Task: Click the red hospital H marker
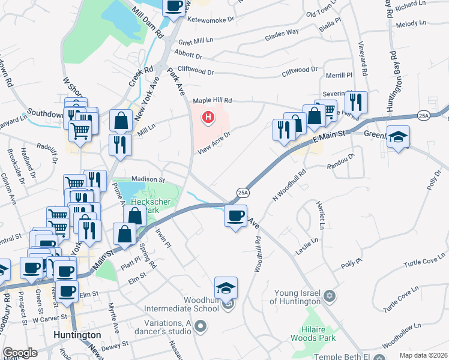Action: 208,116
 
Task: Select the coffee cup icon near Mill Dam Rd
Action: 173,5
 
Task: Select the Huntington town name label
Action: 77,335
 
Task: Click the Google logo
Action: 20,353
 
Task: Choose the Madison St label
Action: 148,179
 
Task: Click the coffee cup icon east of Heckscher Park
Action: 235,215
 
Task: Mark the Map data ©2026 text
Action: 423,355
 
